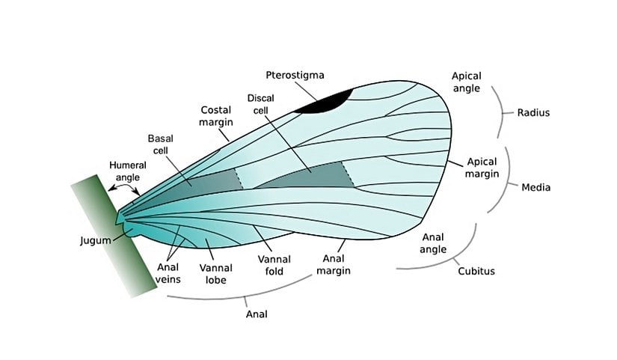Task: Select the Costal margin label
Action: coord(216,115)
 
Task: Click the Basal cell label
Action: coord(161,144)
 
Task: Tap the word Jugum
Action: coord(95,241)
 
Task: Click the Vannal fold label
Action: coord(274,265)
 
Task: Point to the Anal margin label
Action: coord(333,265)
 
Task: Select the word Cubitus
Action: coord(476,271)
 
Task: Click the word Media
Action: coord(535,187)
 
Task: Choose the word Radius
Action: coord(534,113)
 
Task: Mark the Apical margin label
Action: coord(482,168)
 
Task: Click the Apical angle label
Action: coord(467,82)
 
